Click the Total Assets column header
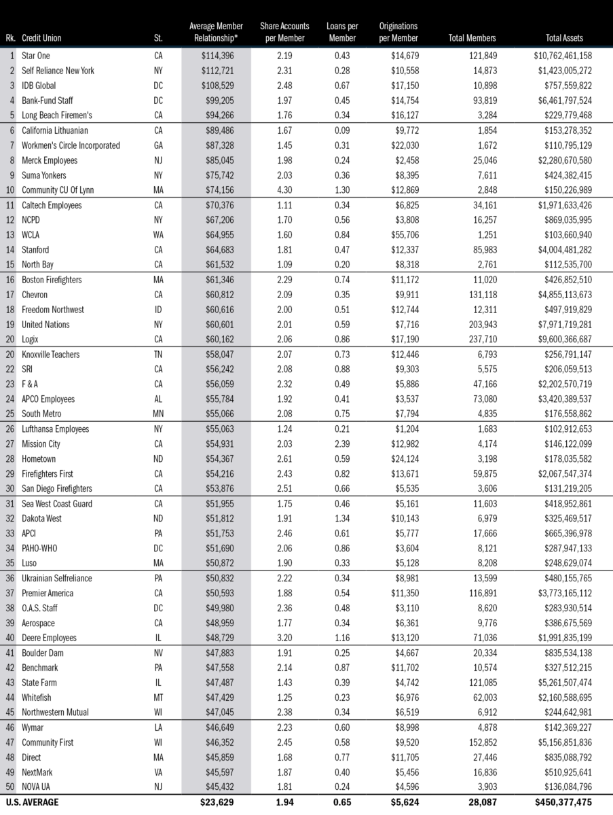pos(563,38)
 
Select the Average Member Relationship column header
pos(215,32)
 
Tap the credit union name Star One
pos(36,56)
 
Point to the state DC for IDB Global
pos(158,86)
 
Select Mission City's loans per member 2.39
pos(342,443)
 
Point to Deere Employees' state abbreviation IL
pos(158,638)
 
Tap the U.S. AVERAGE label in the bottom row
pos(32,802)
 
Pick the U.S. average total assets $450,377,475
pos(568,802)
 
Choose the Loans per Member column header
pos(342,32)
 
